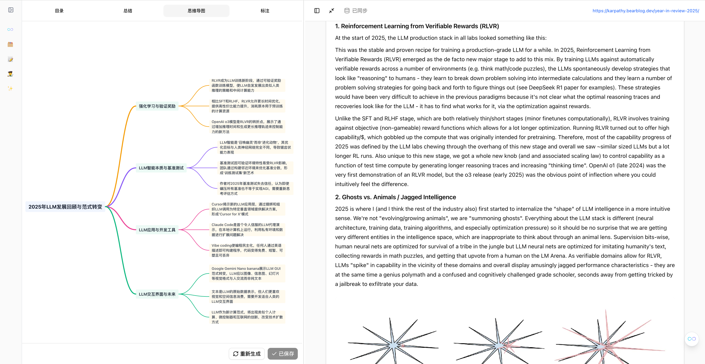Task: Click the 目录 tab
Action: [x=59, y=11]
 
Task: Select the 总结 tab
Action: [x=128, y=11]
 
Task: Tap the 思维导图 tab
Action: [x=196, y=11]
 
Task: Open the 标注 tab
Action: [x=265, y=11]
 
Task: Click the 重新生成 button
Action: [x=247, y=354]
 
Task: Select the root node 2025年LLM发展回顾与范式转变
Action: [x=65, y=207]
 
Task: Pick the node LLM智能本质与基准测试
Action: [x=161, y=168]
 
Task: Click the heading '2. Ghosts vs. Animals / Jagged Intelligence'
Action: [x=395, y=197]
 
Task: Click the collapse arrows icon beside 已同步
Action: [x=331, y=11]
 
